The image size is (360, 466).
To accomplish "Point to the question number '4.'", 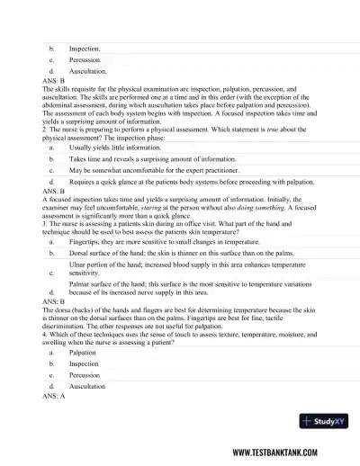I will pos(44,335).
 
